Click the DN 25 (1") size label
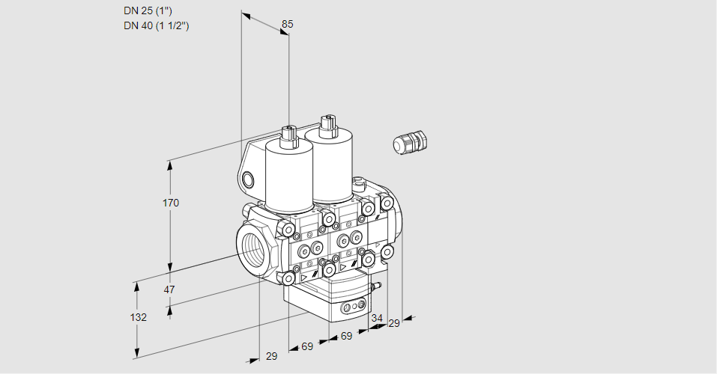coord(148,11)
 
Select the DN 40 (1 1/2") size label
coord(156,25)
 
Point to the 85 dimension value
coord(287,24)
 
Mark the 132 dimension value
coord(138,317)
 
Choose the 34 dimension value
coord(377,318)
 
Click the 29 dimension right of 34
coord(394,323)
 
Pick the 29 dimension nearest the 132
coord(271,356)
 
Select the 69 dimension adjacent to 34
coord(346,336)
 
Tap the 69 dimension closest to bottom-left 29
coord(307,346)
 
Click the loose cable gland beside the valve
coord(411,142)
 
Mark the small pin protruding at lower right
coord(377,285)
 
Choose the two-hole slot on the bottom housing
coord(353,307)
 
